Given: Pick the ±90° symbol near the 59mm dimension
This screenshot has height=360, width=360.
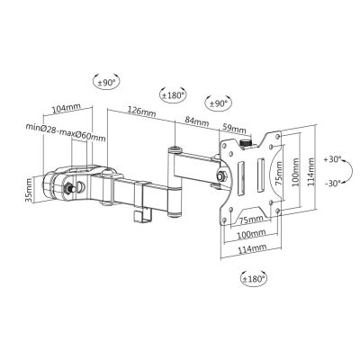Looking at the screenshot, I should coord(218,102).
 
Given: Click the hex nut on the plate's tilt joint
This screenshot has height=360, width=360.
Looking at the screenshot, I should coord(219,184).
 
